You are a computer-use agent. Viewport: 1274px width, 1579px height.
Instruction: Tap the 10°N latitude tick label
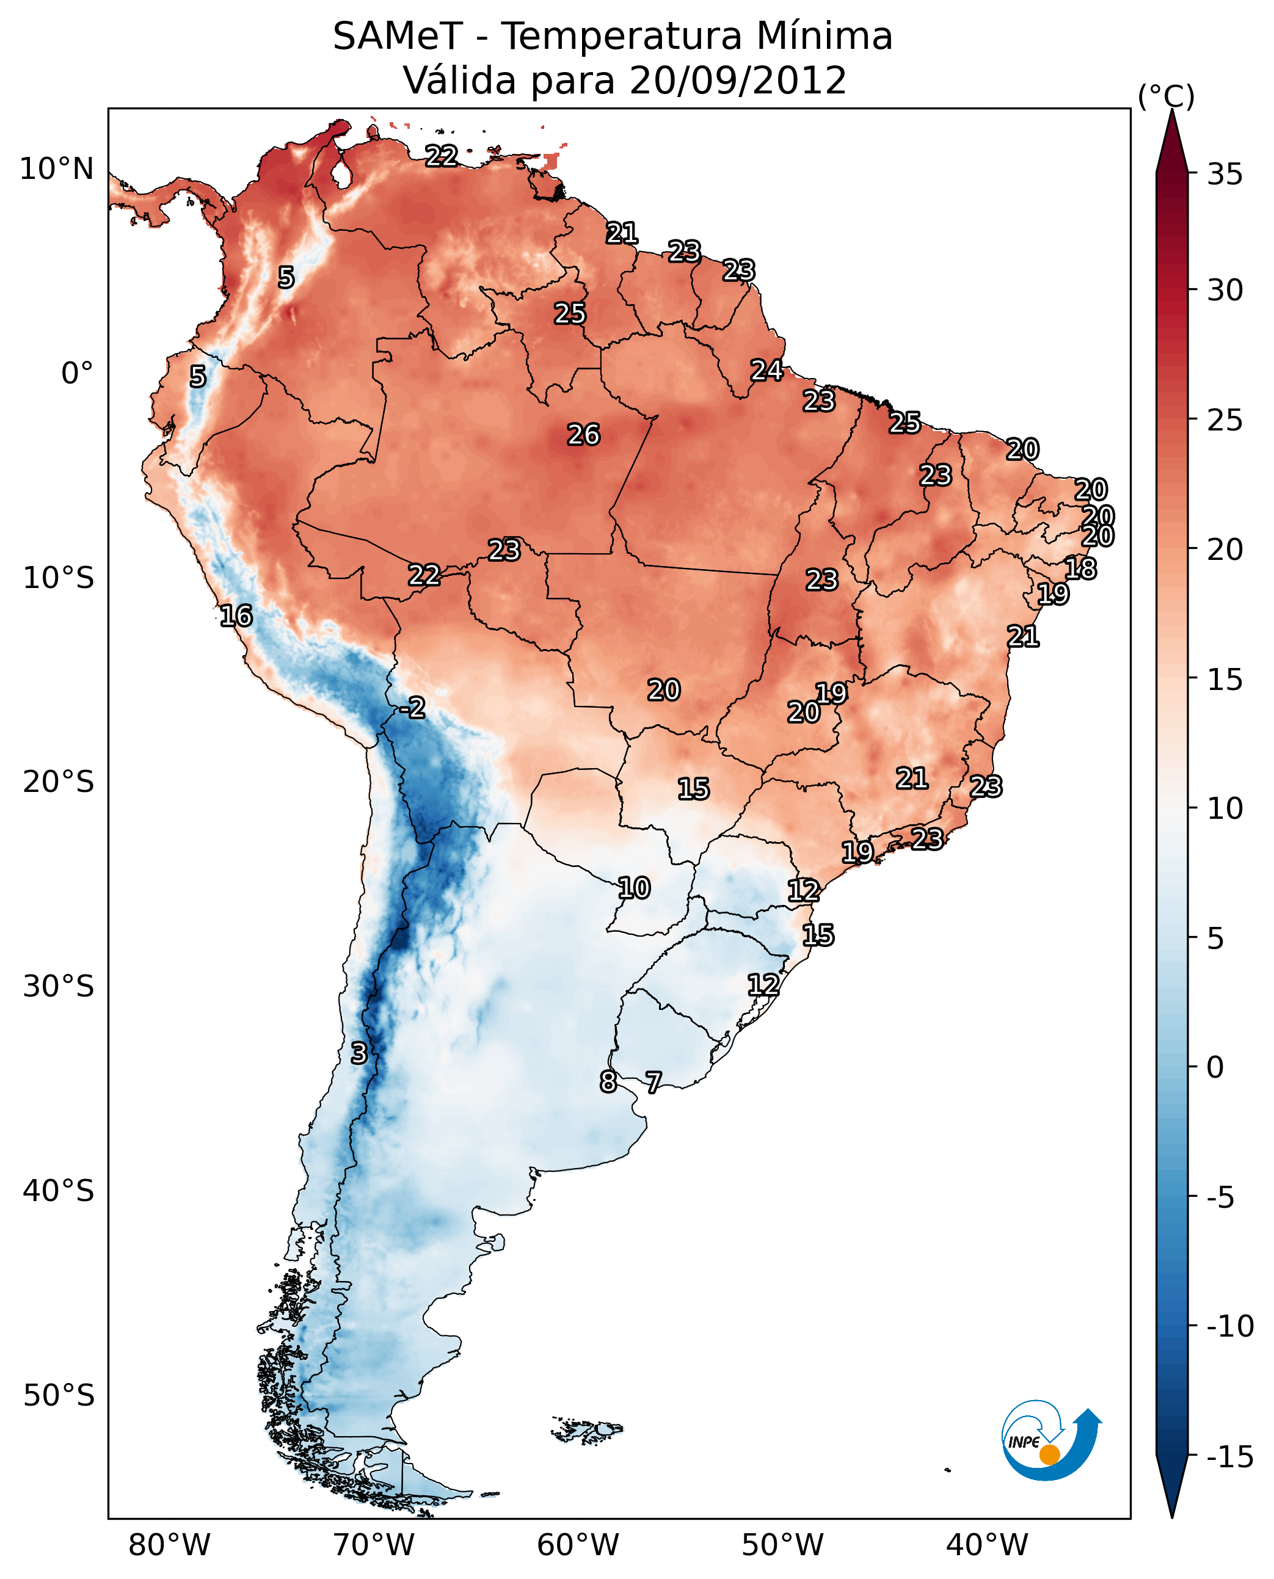point(57,170)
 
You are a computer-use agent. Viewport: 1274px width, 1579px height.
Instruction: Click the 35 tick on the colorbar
point(1225,175)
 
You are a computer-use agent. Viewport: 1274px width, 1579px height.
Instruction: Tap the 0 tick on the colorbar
point(1215,1067)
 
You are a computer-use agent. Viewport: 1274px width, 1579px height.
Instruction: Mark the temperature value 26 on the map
point(583,435)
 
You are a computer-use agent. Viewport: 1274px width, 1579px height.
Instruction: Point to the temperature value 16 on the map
point(236,615)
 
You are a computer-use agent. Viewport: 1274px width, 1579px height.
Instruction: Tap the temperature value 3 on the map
point(358,1053)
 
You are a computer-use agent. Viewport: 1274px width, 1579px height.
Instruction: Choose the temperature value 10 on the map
point(633,888)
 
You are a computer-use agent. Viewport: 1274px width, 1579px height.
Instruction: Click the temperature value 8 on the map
point(608,1081)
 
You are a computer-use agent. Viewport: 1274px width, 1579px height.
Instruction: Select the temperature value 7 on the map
point(653,1081)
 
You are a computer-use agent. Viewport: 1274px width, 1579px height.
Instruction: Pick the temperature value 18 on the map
point(1080,568)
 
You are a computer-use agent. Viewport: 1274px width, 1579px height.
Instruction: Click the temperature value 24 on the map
point(766,371)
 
